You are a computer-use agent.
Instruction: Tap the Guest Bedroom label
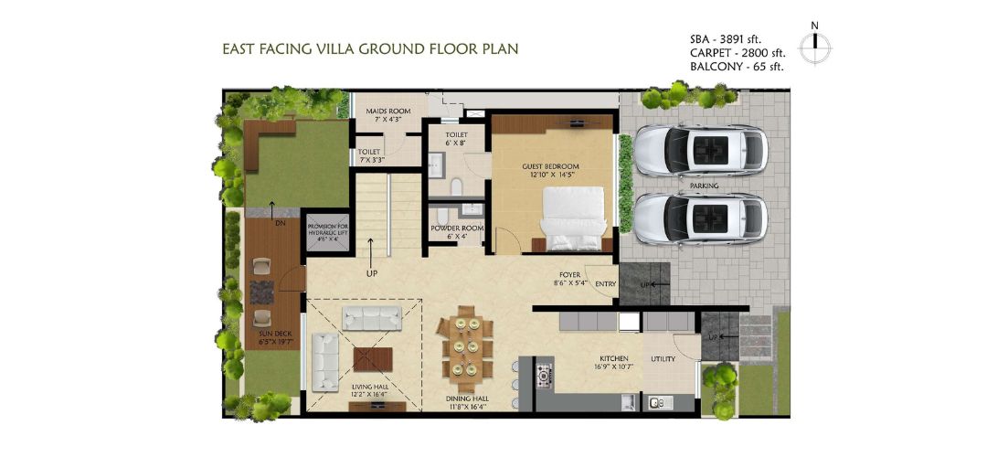coord(550,170)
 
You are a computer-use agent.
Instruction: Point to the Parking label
coord(704,186)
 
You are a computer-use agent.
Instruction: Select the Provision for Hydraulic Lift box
coord(326,231)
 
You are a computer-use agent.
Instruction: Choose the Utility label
coord(663,359)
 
